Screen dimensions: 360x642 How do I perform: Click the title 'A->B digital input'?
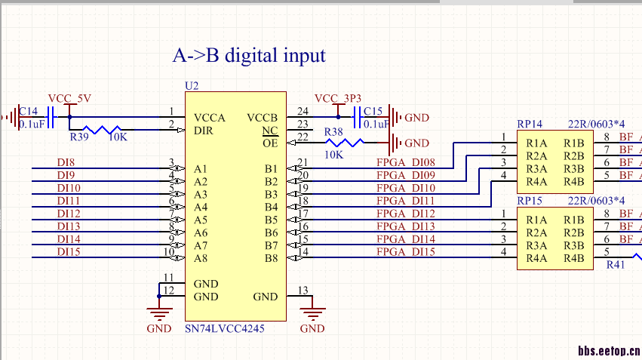coord(249,55)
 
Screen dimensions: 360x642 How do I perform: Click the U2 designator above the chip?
coord(192,86)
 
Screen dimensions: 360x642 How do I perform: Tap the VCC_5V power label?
coord(69,99)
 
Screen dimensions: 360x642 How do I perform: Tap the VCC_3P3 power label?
coord(337,99)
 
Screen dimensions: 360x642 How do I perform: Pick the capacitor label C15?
coord(373,111)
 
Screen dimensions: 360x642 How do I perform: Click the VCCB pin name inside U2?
coord(262,118)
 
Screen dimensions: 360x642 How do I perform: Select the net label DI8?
coord(66,162)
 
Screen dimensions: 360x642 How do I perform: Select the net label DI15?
coord(68,251)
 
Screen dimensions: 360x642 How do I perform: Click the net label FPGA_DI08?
coord(405,163)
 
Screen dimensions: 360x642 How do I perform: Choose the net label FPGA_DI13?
coord(405,226)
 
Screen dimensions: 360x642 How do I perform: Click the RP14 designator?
coord(529,124)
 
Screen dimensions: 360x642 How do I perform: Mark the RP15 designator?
coord(529,200)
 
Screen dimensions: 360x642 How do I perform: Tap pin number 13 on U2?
coord(303,290)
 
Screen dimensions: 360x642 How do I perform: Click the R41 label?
coord(616,265)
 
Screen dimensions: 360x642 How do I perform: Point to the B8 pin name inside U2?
coord(271,258)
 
